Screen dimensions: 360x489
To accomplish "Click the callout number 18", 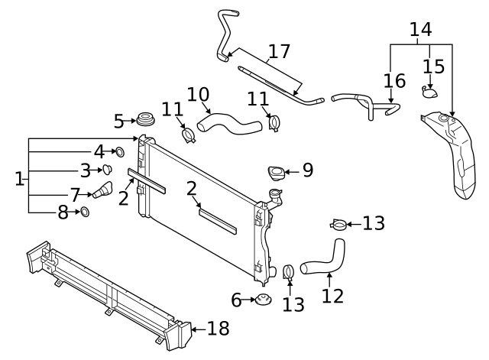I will click(218, 329).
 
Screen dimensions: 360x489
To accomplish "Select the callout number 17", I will click(279, 53).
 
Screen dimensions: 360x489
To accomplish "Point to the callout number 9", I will click(307, 170).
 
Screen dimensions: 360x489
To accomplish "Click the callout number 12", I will click(332, 295).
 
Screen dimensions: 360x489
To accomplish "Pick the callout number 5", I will click(118, 121).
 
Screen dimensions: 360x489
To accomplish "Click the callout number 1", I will click(18, 180).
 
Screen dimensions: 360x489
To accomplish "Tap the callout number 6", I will click(235, 300).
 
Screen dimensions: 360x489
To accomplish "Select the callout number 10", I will click(198, 94).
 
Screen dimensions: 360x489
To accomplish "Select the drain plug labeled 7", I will click(102, 190).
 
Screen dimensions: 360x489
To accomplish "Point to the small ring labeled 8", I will click(86, 211).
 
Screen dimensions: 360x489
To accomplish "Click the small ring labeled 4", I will click(119, 152).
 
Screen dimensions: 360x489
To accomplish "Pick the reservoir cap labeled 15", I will click(431, 92).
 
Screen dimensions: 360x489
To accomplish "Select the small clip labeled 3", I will click(108, 170).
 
